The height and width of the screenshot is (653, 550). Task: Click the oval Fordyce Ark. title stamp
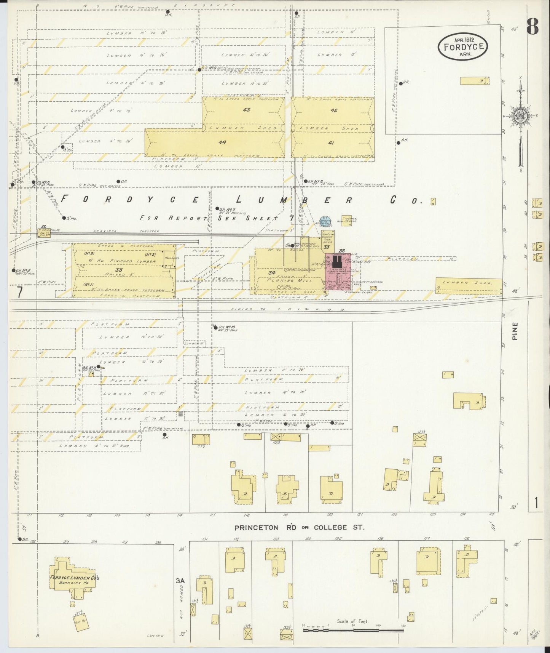tap(463, 46)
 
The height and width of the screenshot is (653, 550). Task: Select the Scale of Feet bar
tap(353, 630)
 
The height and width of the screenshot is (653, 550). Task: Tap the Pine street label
tap(515, 331)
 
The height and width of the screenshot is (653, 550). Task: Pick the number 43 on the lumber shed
tap(246, 110)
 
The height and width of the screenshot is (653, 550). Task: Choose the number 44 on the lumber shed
tap(222, 142)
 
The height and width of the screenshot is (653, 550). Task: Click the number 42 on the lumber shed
tap(334, 110)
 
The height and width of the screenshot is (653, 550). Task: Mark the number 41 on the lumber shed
tap(331, 142)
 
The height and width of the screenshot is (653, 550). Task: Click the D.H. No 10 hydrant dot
tap(216, 327)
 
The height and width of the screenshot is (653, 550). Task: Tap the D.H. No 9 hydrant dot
tap(199, 70)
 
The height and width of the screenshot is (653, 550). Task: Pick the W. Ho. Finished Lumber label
tap(123, 261)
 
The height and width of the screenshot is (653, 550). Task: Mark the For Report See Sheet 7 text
tap(217, 218)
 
